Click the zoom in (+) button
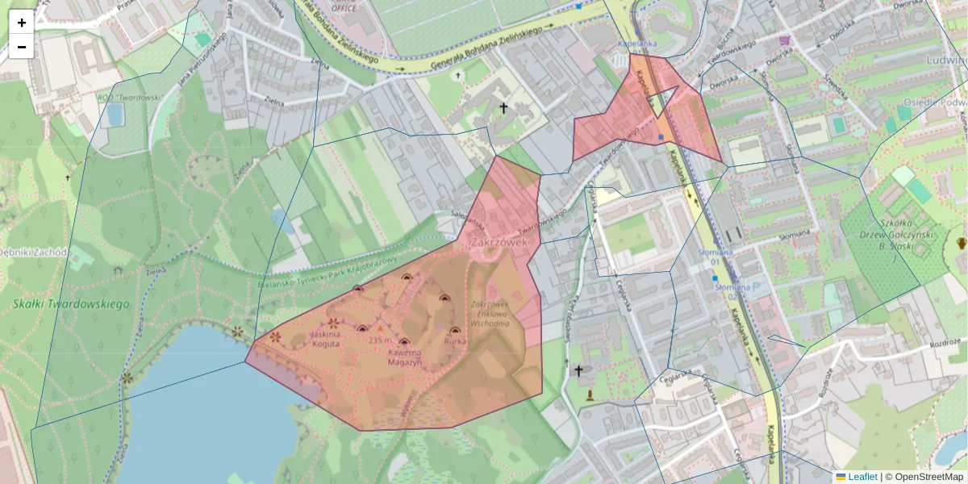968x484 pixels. [x=22, y=23]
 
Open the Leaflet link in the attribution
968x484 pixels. [x=862, y=477]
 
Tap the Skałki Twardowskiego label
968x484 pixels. [x=72, y=304]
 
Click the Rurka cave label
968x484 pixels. [x=455, y=341]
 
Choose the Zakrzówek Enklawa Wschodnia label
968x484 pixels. [x=490, y=314]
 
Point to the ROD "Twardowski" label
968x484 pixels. [x=131, y=97]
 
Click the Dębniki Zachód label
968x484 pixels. [x=32, y=252]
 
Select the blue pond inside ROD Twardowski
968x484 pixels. [x=115, y=115]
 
